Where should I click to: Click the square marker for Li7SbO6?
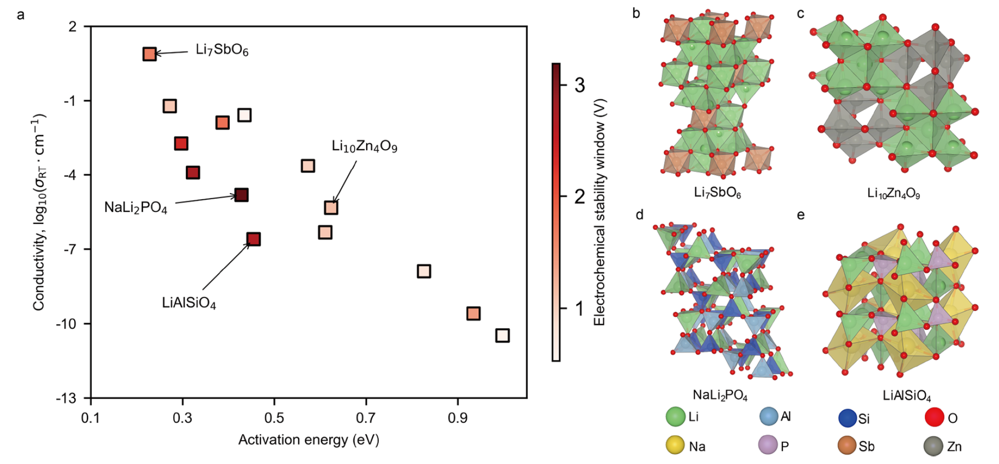click(149, 54)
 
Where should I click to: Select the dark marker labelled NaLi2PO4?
click(241, 195)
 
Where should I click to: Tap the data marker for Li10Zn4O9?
click(331, 207)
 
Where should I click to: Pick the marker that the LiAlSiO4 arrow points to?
click(254, 239)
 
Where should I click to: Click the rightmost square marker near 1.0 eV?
click(503, 335)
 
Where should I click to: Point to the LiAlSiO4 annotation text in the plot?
click(189, 303)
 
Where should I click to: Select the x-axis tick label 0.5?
click(274, 418)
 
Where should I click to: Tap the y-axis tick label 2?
click(73, 26)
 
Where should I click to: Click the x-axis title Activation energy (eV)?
click(309, 440)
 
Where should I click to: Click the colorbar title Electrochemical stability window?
click(599, 212)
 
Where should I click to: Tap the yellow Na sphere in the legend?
click(675, 445)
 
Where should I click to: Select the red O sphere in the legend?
click(934, 417)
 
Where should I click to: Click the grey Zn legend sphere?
click(933, 446)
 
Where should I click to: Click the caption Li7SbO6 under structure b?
click(717, 193)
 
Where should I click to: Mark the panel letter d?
click(639, 215)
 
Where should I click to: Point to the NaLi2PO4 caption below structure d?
click(720, 395)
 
